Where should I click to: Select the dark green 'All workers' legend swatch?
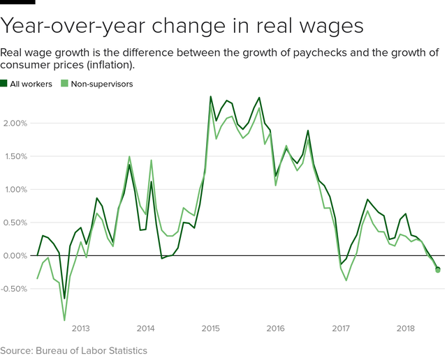point(4,84)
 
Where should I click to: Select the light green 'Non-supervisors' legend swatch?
point(65,84)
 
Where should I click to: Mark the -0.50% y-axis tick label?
point(14,289)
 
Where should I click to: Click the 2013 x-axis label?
point(80,328)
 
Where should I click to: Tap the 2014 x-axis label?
point(145,328)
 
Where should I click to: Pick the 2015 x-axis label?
point(211,328)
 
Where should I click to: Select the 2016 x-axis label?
point(276,328)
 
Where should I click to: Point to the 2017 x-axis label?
point(341,328)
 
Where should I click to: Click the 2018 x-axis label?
point(406,328)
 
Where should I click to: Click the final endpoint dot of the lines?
point(438,270)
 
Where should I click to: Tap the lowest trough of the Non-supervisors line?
point(64,320)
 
